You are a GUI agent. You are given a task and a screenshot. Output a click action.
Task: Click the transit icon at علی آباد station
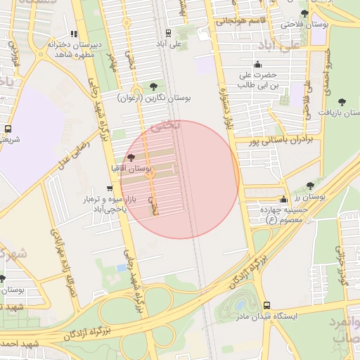(167, 33)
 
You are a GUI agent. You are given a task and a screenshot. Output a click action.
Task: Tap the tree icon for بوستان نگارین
(154, 86)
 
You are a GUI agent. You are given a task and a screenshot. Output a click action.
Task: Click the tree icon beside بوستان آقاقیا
(131, 158)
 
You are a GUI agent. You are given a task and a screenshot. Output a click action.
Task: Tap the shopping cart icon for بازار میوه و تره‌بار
(108, 188)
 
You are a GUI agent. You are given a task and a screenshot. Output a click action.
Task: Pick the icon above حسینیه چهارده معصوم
(283, 200)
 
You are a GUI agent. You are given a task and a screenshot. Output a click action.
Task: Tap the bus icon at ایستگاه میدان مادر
(266, 305)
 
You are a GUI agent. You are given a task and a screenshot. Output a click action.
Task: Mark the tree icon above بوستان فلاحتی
(304, 14)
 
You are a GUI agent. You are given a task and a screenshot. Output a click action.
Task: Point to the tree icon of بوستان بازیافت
(342, 102)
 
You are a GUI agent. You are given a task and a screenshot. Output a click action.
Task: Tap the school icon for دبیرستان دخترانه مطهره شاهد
(74, 34)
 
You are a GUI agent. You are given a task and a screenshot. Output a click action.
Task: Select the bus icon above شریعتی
(8, 129)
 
